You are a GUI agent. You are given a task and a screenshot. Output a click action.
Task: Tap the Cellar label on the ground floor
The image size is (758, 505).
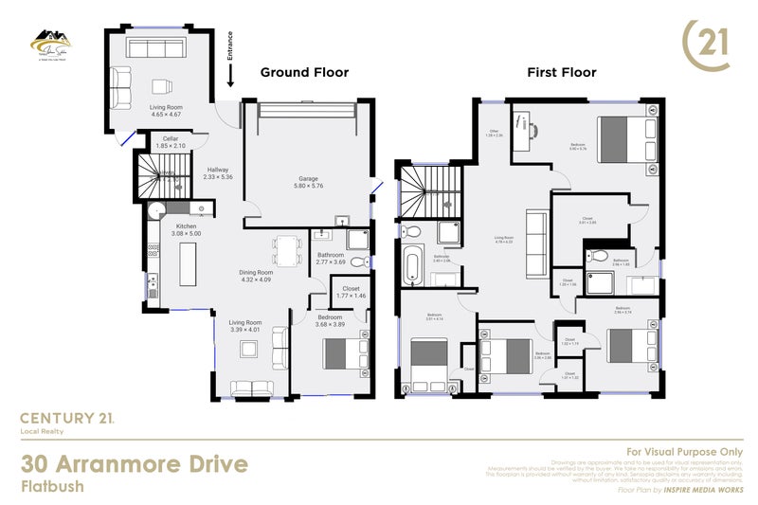click(x=171, y=139)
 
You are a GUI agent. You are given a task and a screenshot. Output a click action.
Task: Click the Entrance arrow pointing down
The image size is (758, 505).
click(x=229, y=83)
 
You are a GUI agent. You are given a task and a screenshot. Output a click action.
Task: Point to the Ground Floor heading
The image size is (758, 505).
click(x=304, y=72)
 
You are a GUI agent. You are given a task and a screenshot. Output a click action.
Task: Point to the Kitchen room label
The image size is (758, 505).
click(x=186, y=226)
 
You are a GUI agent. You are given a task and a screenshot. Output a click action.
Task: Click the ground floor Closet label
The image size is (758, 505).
click(x=351, y=288)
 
